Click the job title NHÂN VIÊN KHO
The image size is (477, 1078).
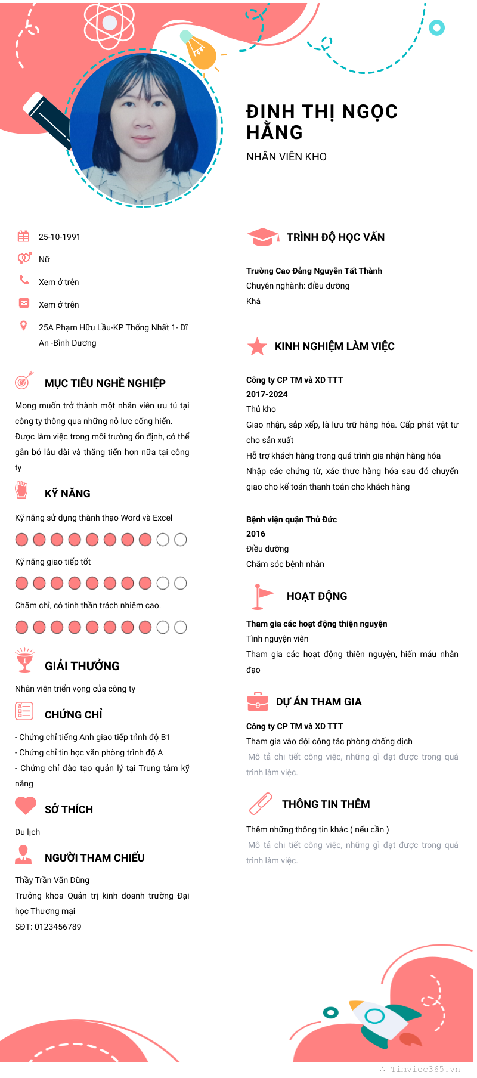tap(286, 157)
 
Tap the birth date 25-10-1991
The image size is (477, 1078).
tap(59, 237)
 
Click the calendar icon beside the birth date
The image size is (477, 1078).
tap(23, 236)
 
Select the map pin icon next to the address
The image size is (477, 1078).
tap(24, 326)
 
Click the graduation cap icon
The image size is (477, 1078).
tap(262, 237)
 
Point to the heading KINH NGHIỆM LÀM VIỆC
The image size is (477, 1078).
tap(334, 346)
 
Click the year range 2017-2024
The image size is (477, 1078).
tap(267, 394)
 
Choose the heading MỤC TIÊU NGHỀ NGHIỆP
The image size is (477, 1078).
tap(105, 383)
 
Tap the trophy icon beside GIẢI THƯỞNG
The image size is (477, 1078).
tap(24, 660)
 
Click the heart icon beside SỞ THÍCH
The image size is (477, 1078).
tap(26, 806)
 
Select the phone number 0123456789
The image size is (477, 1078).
tap(58, 927)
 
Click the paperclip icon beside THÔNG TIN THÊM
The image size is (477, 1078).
tap(261, 804)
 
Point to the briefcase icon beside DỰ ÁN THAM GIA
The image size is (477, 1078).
tap(258, 702)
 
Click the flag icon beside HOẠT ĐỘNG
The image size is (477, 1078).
tap(261, 596)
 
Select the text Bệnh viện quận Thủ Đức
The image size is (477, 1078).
tap(292, 519)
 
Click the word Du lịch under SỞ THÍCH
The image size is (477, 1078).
tap(27, 832)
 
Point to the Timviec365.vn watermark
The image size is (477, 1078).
tap(425, 1069)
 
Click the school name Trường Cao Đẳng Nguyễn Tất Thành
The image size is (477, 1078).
tap(314, 271)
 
